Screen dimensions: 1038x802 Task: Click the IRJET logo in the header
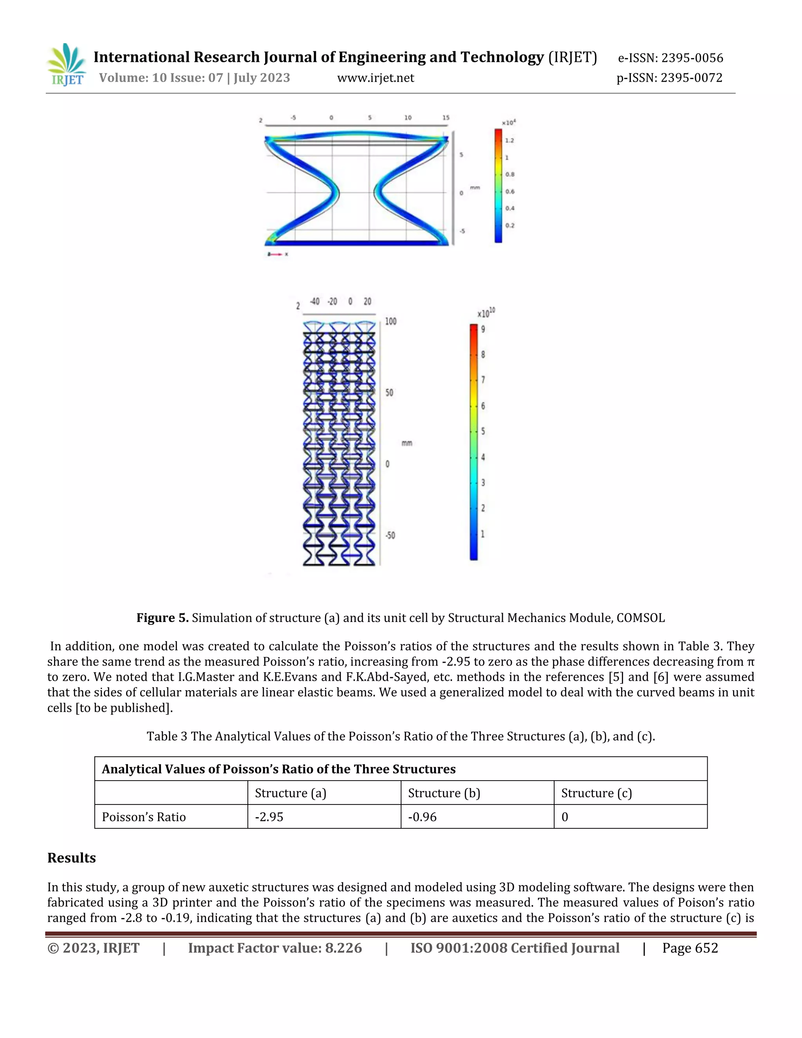pyautogui.click(x=67, y=65)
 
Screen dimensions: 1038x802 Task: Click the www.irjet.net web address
pyautogui.click(x=375, y=78)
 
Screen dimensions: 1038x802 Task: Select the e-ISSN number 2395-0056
pyautogui.click(x=692, y=58)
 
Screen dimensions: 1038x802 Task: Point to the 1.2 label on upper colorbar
pyautogui.click(x=509, y=141)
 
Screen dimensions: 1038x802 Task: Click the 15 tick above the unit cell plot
pyautogui.click(x=446, y=118)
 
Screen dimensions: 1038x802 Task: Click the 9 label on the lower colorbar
pyautogui.click(x=483, y=329)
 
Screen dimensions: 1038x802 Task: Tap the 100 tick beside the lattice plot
pyautogui.click(x=390, y=321)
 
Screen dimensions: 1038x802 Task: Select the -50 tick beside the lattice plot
pyautogui.click(x=390, y=535)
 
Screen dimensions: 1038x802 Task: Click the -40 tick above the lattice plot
pyautogui.click(x=314, y=301)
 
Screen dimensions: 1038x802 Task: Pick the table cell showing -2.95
pyautogui.click(x=269, y=817)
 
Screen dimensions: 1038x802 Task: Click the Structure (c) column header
pyautogui.click(x=596, y=793)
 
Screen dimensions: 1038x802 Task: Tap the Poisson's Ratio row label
pyautogui.click(x=143, y=817)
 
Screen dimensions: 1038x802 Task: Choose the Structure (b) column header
pyautogui.click(x=444, y=793)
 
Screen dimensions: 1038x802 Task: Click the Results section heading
pyautogui.click(x=71, y=858)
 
